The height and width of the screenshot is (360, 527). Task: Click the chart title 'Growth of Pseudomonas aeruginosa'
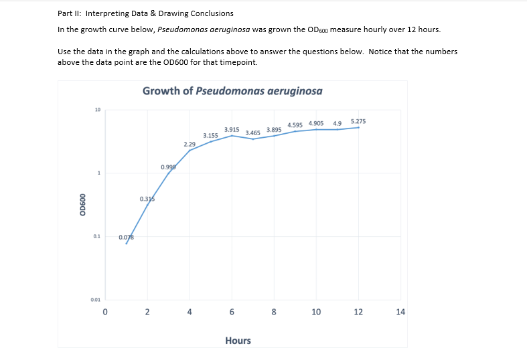click(232, 91)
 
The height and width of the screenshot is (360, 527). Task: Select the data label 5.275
click(358, 121)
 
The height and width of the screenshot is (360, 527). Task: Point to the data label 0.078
click(126, 238)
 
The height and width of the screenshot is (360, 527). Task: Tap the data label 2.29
click(190, 144)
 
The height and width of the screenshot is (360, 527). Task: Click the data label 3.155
click(210, 135)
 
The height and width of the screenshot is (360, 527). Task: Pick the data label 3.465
click(252, 133)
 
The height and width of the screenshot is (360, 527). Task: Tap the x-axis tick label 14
click(400, 312)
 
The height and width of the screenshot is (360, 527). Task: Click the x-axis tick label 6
click(232, 312)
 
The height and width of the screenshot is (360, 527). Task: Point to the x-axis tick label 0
click(105, 312)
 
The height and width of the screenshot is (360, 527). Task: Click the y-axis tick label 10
click(97, 110)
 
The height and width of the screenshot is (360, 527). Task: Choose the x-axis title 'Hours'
click(238, 341)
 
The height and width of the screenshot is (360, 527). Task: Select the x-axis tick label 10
click(316, 312)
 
